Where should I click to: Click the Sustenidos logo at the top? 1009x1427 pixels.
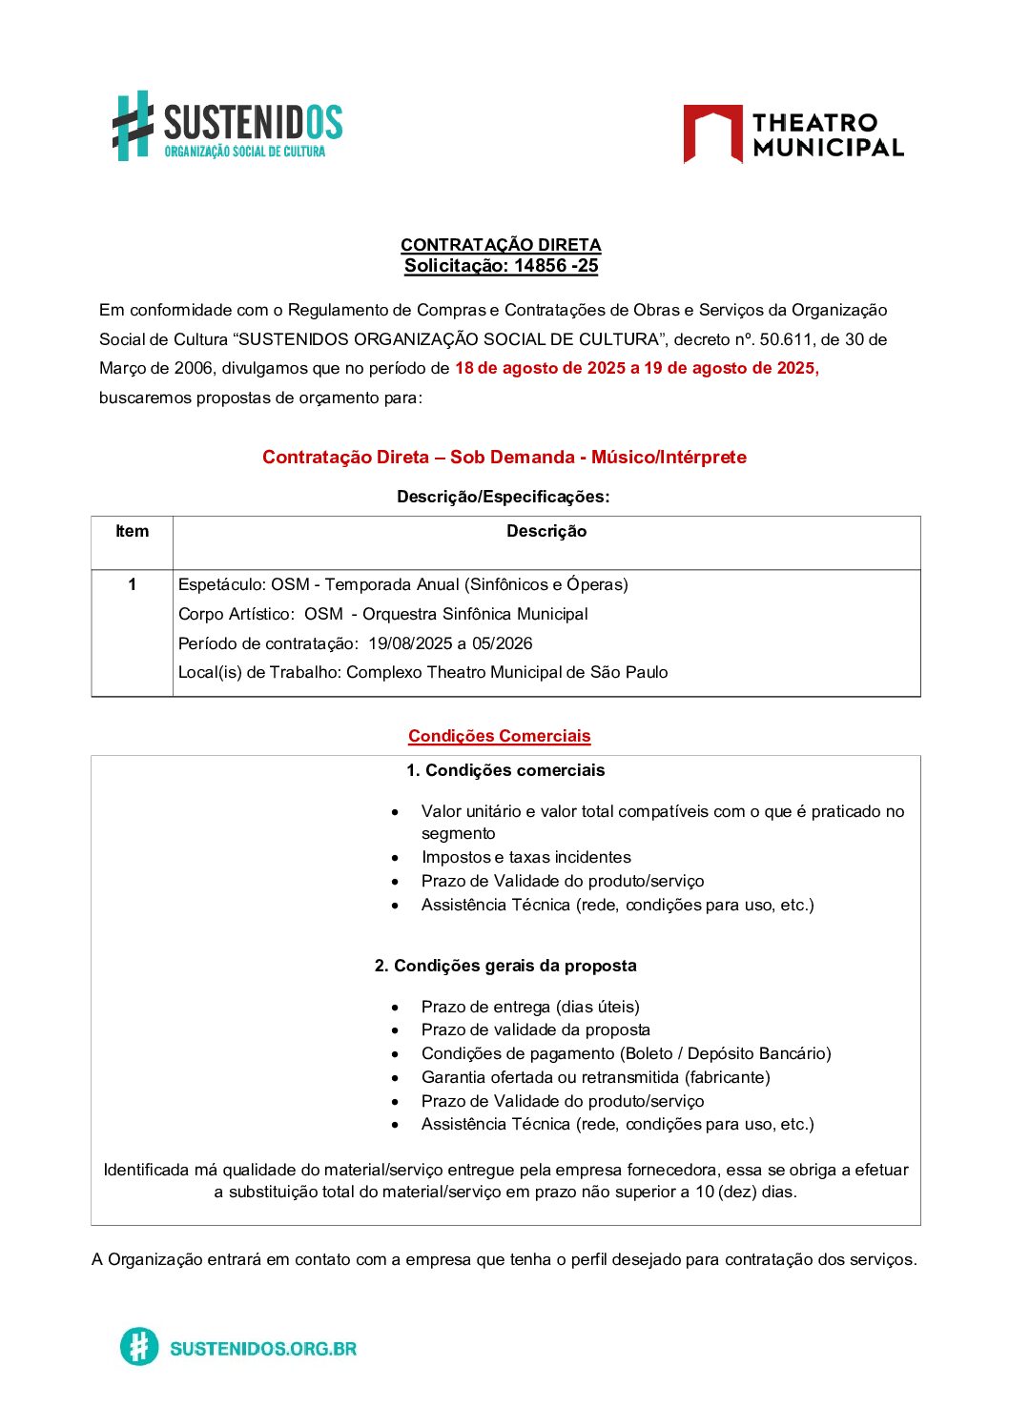[x=227, y=126]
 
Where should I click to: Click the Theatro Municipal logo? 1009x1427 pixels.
[x=793, y=134]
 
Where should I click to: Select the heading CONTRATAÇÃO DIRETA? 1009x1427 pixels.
[x=501, y=245]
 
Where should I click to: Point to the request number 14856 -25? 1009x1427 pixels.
[x=555, y=266]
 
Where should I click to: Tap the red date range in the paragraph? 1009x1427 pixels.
[x=636, y=368]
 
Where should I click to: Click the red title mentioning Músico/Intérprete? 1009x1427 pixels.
[x=504, y=458]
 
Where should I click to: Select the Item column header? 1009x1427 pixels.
[x=132, y=532]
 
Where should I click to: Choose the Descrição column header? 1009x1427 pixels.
[x=546, y=532]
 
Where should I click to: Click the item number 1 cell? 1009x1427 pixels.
[x=132, y=584]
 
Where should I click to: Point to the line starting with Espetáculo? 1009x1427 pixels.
[x=402, y=584]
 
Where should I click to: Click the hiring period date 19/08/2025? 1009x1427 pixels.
[x=411, y=643]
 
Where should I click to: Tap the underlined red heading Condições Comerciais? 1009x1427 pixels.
[x=499, y=736]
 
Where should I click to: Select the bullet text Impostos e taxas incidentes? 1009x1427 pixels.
[x=525, y=857]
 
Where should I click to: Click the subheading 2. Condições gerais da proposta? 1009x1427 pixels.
[x=505, y=966]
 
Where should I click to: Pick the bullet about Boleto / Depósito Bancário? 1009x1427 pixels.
[x=626, y=1053]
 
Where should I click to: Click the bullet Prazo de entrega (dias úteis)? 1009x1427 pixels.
[x=530, y=1007]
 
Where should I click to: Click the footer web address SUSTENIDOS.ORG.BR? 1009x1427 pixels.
[x=263, y=1348]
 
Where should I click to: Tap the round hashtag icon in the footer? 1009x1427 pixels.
[x=139, y=1347]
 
